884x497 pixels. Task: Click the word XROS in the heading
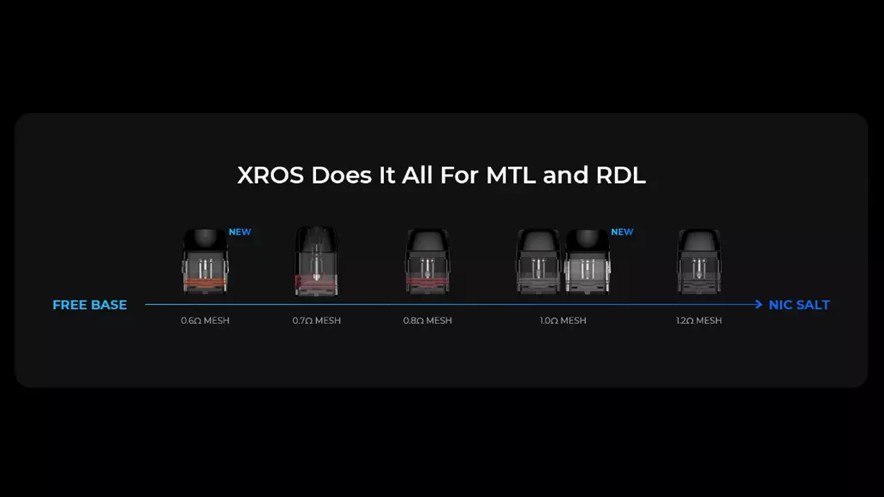point(271,176)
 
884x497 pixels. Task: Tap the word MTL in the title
point(511,176)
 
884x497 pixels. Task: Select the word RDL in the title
point(621,176)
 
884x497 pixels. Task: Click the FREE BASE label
point(90,305)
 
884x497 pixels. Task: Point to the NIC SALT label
point(799,305)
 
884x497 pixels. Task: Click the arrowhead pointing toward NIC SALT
point(759,305)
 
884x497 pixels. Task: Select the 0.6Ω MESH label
point(206,320)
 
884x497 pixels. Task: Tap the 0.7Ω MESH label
point(316,320)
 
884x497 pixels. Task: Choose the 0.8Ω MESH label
point(427,320)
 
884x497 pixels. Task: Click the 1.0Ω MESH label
point(563,320)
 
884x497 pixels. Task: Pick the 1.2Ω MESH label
point(698,320)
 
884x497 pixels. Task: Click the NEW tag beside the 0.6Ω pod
point(240,232)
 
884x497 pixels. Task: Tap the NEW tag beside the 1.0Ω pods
point(622,232)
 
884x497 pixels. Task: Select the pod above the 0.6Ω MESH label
point(206,261)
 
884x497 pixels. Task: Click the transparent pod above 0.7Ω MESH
point(316,261)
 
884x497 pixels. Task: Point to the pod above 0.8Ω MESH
point(427,261)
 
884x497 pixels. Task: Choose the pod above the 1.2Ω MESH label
point(699,261)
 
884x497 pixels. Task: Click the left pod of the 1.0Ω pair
point(539,261)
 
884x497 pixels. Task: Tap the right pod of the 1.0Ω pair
point(588,261)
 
